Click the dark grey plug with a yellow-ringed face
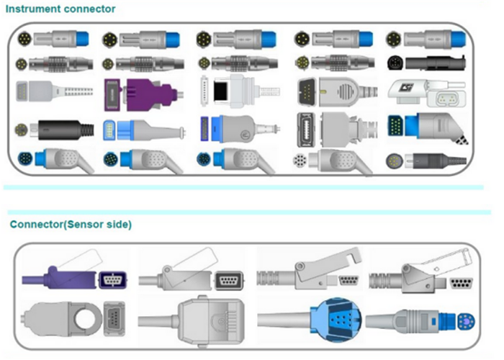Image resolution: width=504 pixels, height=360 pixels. pos(425,160)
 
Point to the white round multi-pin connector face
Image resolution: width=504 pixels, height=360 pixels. pos(301,160)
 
